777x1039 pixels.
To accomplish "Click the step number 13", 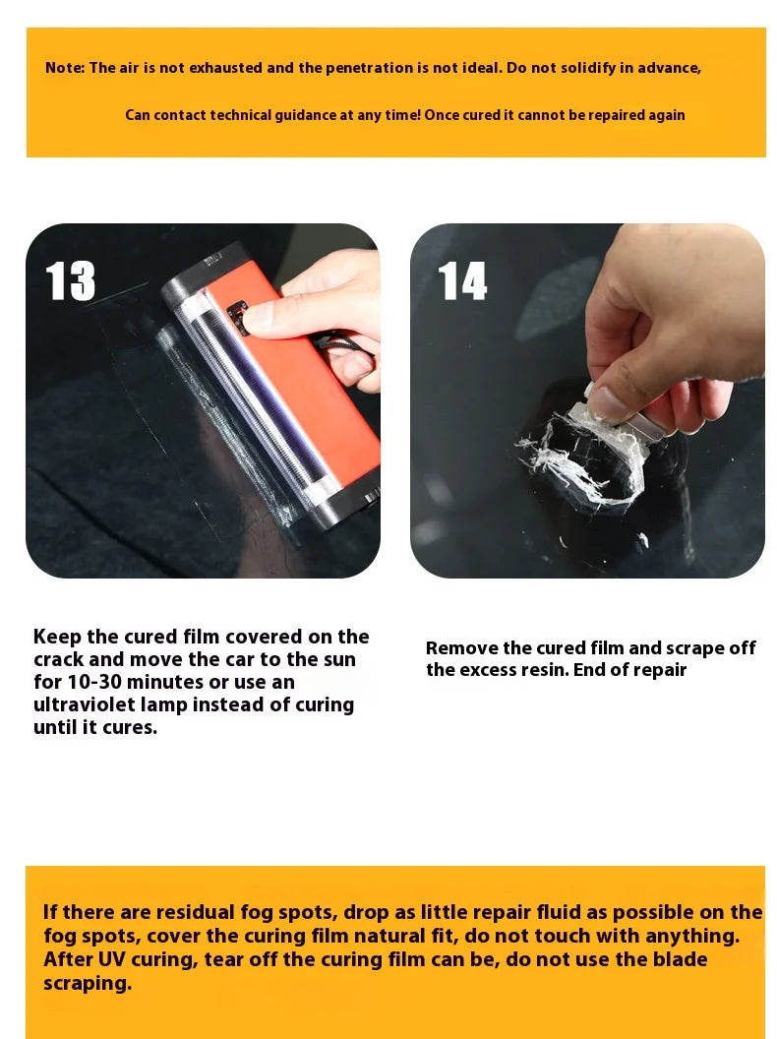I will tap(71, 281).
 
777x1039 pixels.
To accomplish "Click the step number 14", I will tap(462, 281).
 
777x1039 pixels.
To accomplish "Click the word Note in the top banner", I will tap(65, 68).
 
